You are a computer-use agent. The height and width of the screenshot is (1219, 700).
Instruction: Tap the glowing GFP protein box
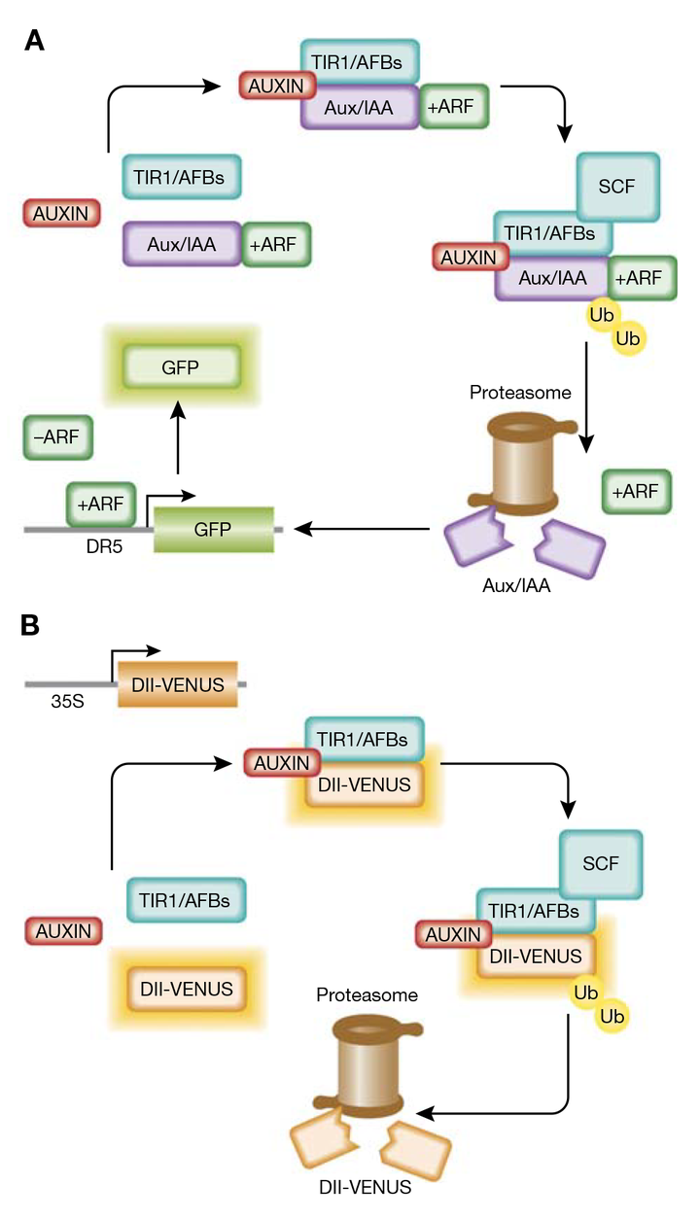click(180, 366)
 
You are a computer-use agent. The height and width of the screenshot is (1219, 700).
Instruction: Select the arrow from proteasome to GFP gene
click(363, 529)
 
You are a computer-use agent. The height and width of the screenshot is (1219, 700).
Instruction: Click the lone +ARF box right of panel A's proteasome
click(636, 493)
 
